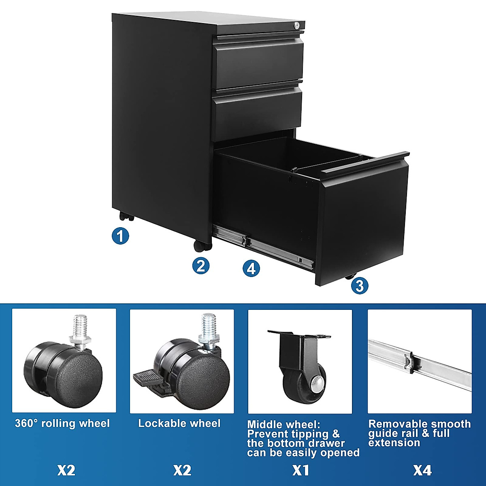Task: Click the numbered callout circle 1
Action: [x=120, y=236]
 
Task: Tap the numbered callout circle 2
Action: [x=201, y=266]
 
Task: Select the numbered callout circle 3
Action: [x=360, y=286]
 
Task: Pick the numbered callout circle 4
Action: [x=251, y=268]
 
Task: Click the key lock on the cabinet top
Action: [x=298, y=26]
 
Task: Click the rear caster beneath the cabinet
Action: [x=126, y=217]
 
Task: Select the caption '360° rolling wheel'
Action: [x=62, y=424]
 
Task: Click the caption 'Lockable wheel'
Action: [x=179, y=424]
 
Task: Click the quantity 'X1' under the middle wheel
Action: [x=301, y=470]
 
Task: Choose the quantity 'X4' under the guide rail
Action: [x=422, y=470]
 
